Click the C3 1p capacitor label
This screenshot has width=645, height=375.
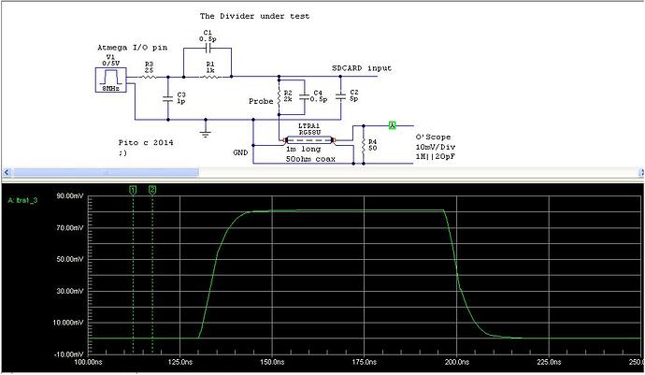click(x=180, y=98)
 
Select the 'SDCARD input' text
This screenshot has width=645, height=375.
click(x=361, y=69)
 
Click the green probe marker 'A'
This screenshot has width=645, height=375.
click(x=393, y=124)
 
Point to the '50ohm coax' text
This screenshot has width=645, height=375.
click(x=310, y=160)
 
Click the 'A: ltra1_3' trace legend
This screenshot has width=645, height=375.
click(x=23, y=200)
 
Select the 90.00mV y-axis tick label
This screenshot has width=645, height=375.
click(x=69, y=196)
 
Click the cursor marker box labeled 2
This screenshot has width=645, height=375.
click(x=153, y=190)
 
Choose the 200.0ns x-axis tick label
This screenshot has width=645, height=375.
click(x=455, y=362)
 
